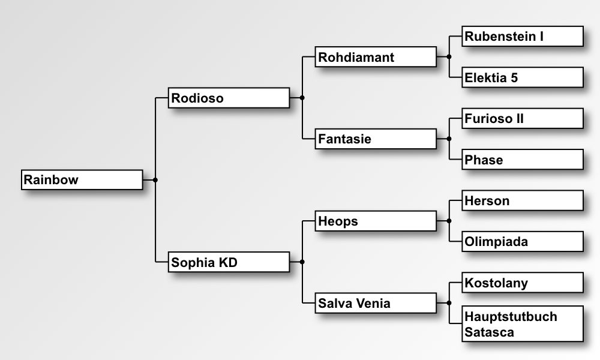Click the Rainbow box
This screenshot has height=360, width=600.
[x=82, y=180]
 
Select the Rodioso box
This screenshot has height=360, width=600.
[x=229, y=98]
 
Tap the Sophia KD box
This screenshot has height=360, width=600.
[x=229, y=262]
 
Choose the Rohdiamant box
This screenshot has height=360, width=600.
[x=376, y=57]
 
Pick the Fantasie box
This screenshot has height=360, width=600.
[x=376, y=139]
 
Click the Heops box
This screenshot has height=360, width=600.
[x=376, y=221]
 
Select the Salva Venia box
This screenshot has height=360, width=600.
[x=376, y=303]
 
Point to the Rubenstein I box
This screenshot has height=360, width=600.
[x=523, y=37]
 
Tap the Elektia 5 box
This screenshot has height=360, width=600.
[x=523, y=77]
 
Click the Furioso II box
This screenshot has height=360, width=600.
[x=523, y=119]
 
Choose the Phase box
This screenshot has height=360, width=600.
[x=523, y=160]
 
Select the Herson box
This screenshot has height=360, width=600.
[x=523, y=200]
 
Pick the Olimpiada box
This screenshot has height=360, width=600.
[x=523, y=241]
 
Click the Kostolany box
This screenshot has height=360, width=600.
[x=523, y=283]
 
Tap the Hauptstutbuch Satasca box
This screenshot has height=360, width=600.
[x=523, y=323]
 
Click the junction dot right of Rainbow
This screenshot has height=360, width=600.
[x=155, y=180]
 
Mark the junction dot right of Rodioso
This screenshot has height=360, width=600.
[x=302, y=98]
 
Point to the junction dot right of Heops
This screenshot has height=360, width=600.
[x=449, y=221]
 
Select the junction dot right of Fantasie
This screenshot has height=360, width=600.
[x=449, y=139]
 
